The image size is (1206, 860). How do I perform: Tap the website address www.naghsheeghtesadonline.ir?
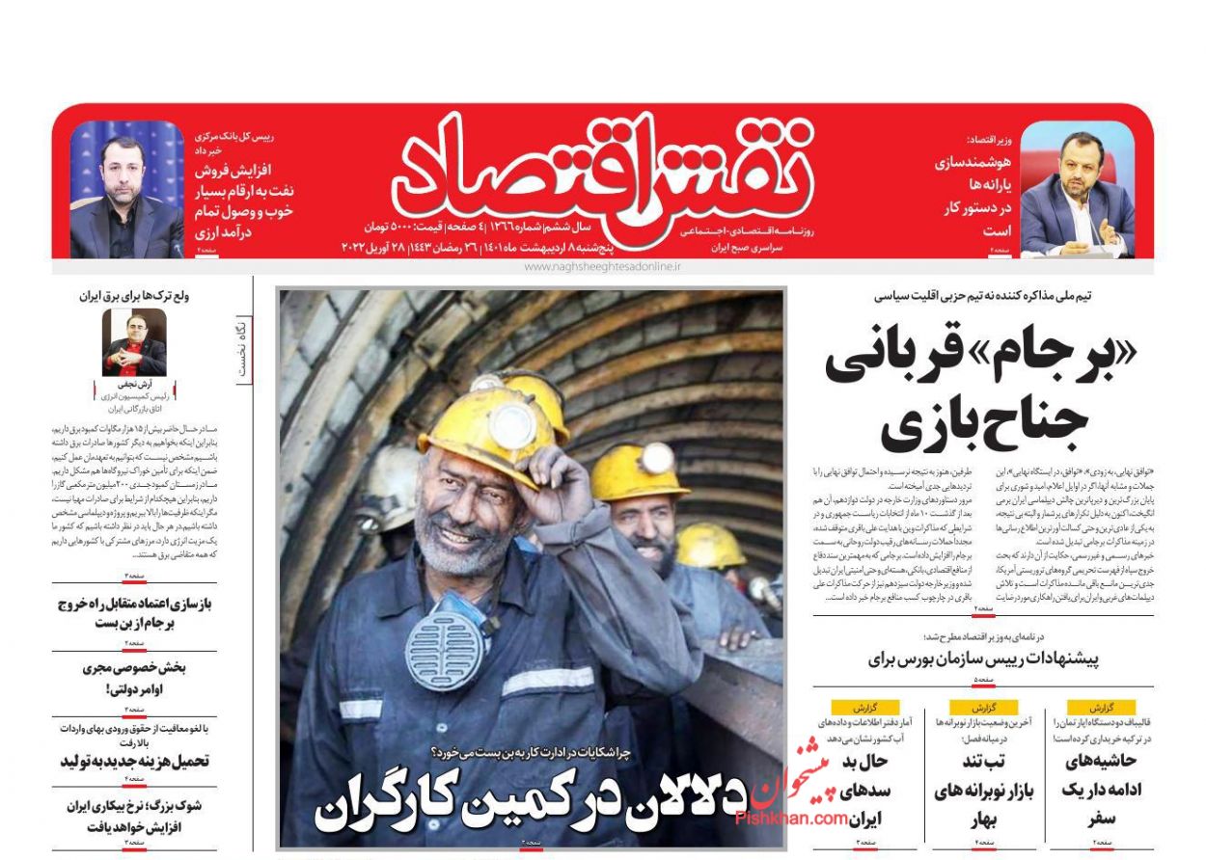[602, 265]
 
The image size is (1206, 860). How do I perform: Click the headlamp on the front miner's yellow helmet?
[508, 423]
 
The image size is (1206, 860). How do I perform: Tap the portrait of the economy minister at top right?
[1078, 189]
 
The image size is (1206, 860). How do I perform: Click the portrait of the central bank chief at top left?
[126, 189]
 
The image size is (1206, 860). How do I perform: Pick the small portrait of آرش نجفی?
[134, 342]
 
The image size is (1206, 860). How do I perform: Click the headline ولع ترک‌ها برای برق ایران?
[134, 296]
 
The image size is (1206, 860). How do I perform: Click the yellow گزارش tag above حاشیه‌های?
[1100, 707]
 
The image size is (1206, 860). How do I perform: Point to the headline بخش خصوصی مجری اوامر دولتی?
[134, 678]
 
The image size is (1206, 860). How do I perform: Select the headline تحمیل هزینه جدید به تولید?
[134, 761]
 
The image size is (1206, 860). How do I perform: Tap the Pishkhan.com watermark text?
[791, 818]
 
